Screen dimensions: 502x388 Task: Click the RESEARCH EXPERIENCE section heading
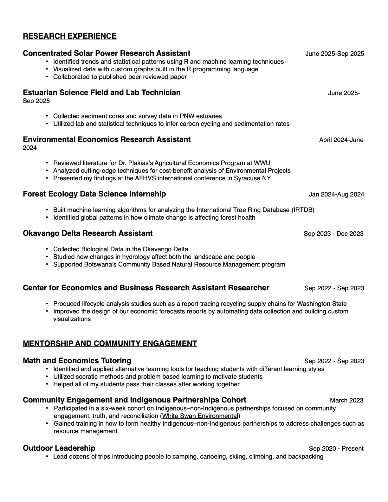[70, 36]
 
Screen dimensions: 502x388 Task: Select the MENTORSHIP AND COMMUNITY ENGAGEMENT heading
[110, 344]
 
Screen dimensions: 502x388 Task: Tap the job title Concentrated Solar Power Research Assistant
[107, 53]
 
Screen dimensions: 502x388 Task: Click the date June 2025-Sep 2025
[334, 54]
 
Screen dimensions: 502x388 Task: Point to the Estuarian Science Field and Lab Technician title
[102, 93]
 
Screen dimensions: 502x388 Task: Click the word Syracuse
[247, 178]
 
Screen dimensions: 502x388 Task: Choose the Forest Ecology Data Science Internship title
[94, 194]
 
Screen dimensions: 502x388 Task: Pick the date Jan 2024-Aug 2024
[336, 194]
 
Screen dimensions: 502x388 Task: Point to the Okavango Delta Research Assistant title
[88, 233]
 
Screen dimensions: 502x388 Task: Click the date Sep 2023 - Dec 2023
[333, 234]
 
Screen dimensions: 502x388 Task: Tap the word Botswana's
[101, 265]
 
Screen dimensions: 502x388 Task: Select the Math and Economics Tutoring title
[77, 361]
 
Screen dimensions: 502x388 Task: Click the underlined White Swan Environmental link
[200, 416]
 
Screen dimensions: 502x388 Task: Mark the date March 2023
[346, 400]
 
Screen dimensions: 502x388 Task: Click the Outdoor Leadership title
[59, 448]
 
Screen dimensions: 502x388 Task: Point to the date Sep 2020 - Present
[336, 448]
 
